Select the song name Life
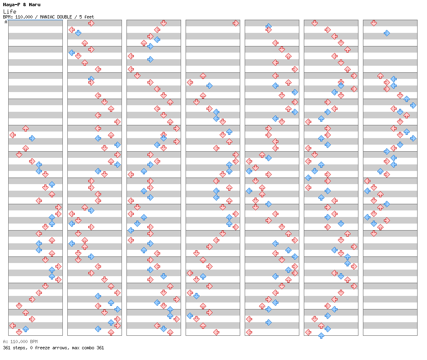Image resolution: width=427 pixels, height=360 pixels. pos(9,12)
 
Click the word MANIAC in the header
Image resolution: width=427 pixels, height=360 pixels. pos(48,17)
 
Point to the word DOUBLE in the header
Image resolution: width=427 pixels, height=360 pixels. pos(65,17)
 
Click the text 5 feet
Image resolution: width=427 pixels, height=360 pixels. pos(87,17)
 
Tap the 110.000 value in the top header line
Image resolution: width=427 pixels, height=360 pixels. pos(24,17)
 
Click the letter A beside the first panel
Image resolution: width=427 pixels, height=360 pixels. pos(6,22)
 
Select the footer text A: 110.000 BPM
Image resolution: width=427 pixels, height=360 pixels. pos(21,342)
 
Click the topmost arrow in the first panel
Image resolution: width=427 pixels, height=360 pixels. pos(25,128)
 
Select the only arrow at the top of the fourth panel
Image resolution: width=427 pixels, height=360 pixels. pos(236,23)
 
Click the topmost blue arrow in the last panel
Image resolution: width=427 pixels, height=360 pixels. pos(387,33)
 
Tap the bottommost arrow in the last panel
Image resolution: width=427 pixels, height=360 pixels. pos(374,233)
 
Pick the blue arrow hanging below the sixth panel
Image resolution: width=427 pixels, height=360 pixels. pos(321,335)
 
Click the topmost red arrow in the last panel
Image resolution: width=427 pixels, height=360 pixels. pos(374,23)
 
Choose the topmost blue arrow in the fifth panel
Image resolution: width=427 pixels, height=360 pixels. pos(269,26)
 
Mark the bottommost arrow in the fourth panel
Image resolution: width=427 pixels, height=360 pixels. pos(216,332)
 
